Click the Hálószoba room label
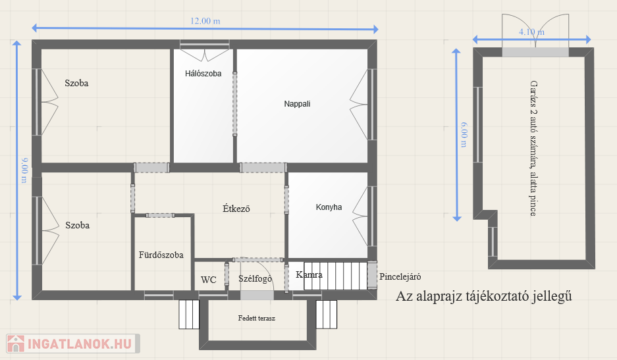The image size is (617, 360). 203,74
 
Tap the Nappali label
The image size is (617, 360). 297,104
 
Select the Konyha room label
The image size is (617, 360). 329,207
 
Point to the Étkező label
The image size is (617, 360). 236,209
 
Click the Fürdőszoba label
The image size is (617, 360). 161,255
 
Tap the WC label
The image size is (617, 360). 209,280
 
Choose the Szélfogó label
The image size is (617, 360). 255,278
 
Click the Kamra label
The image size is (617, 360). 309,274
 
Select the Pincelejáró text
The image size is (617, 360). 400,276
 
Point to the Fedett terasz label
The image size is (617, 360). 257,318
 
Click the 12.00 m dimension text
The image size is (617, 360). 205,21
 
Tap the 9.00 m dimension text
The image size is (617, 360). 24,170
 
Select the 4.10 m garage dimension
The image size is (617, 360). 531,32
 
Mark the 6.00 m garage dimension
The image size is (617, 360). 464,134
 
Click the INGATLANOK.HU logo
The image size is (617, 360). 73,344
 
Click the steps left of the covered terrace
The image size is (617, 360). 189,315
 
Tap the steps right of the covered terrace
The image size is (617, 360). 327,315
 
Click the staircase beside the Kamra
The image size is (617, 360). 336,276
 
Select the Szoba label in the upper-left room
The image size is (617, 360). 76,83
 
